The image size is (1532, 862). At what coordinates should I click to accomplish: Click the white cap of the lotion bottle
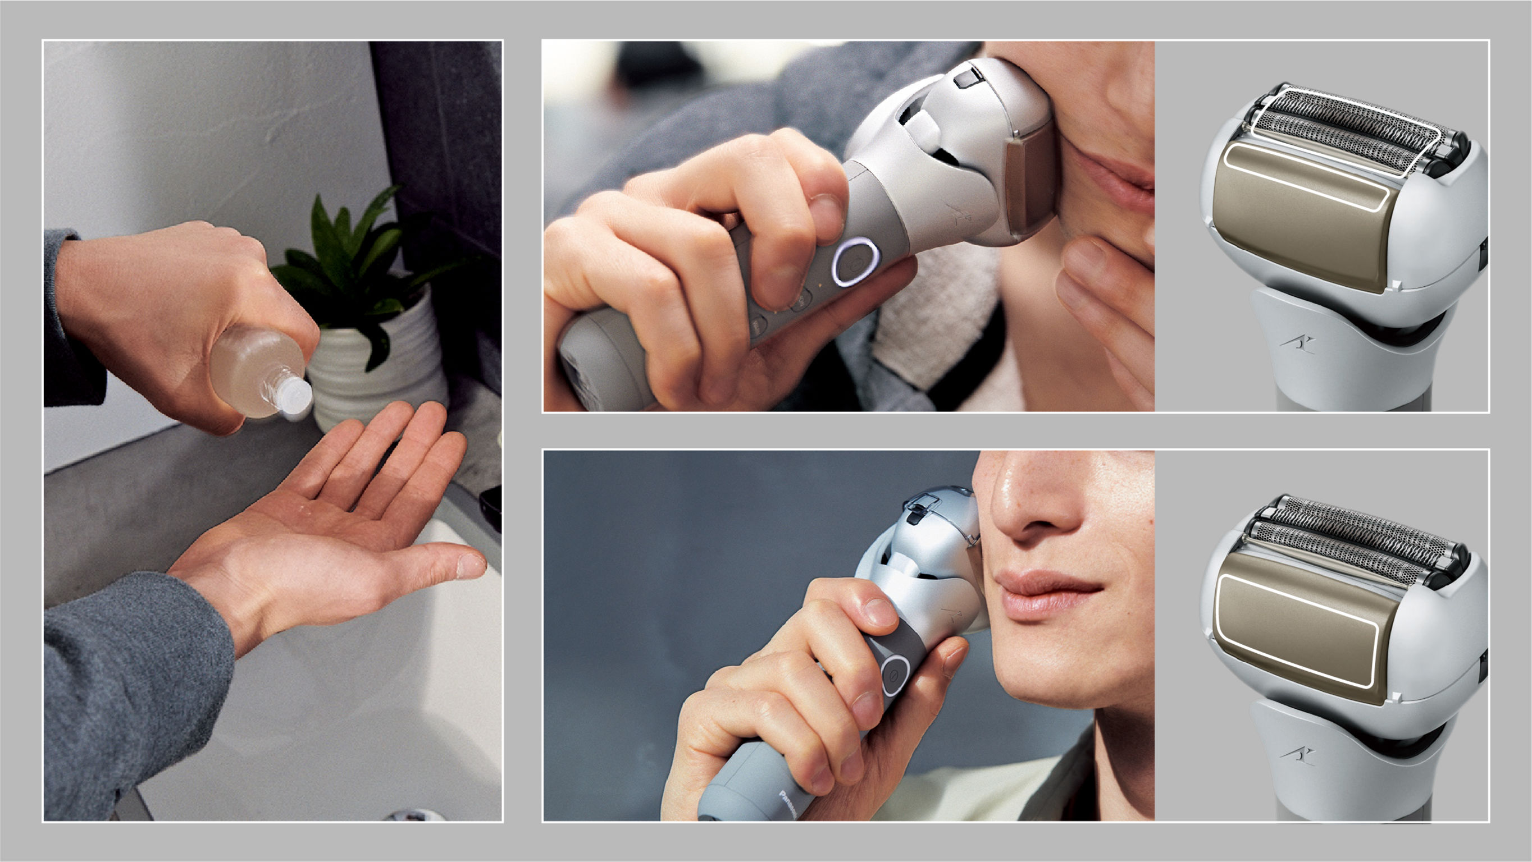[x=295, y=395]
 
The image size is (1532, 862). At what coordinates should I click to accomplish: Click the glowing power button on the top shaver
[x=855, y=262]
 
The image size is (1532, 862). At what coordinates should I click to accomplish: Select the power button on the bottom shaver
[x=893, y=675]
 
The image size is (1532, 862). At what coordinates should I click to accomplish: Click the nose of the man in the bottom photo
[x=1035, y=505]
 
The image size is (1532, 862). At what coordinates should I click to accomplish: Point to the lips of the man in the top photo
[x=1118, y=172]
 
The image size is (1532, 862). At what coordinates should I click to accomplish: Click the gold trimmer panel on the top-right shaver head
[x=1302, y=214]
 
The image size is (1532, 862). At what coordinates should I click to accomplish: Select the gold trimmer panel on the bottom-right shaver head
[x=1297, y=630]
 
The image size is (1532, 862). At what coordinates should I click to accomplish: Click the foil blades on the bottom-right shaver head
[x=1350, y=538]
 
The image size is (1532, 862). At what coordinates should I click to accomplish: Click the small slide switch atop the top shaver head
[x=966, y=77]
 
